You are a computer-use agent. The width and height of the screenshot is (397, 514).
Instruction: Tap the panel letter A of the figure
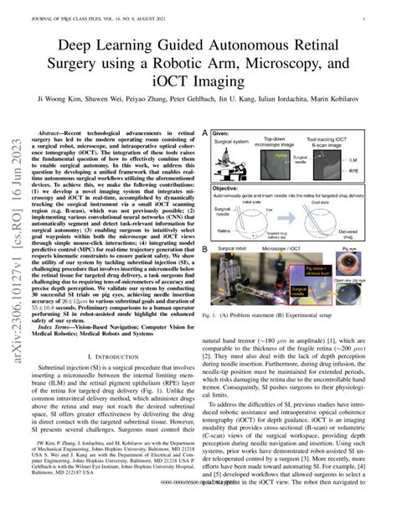[205, 133]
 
